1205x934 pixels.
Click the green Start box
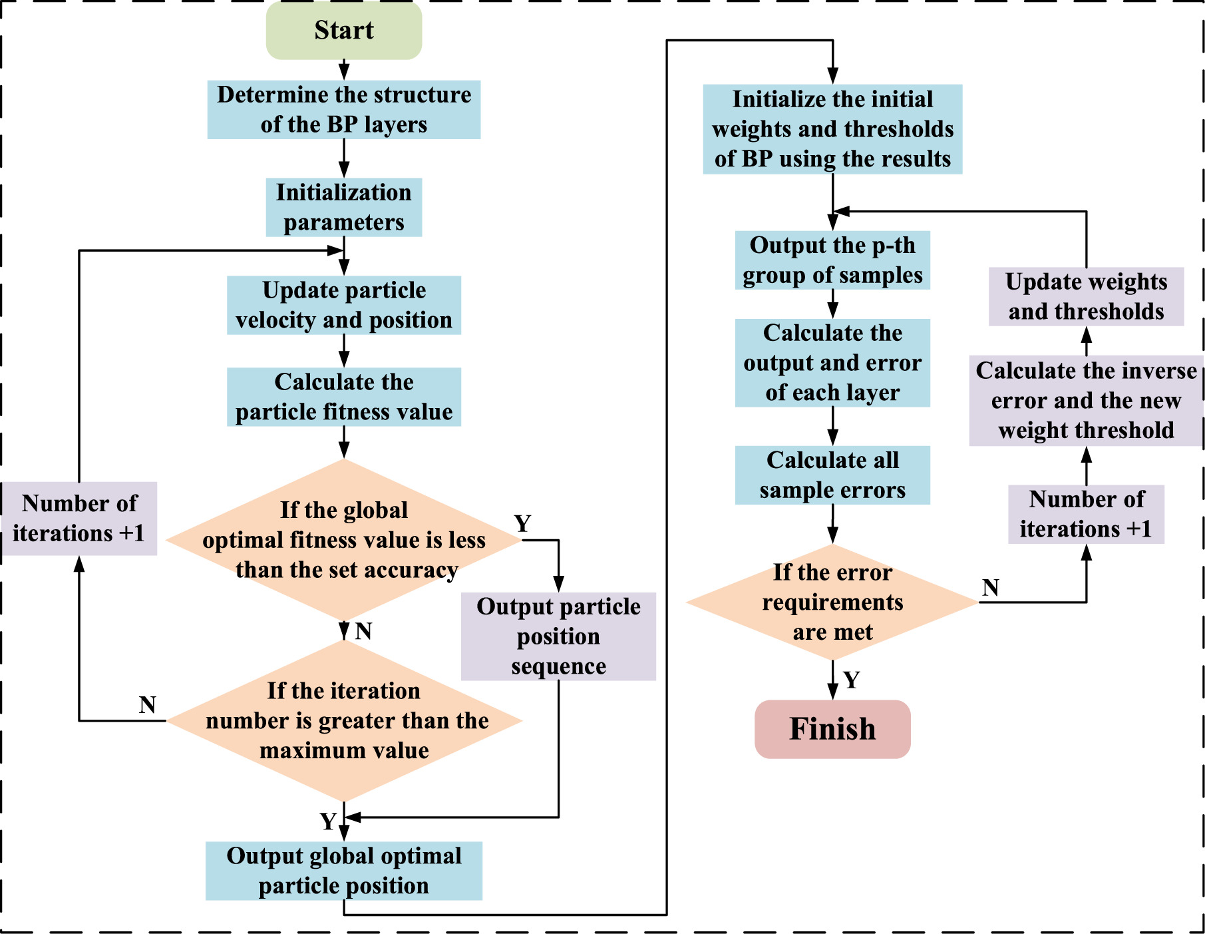point(344,31)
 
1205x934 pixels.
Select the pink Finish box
point(832,729)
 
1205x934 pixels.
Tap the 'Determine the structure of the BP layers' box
point(344,110)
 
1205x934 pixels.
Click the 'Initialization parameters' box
point(344,207)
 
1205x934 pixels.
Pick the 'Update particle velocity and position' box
point(344,305)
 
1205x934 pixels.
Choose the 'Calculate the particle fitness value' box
point(344,397)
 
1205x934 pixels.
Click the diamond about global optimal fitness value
point(344,540)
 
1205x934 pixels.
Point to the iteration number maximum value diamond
point(344,721)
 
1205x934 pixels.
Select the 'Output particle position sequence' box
point(558,636)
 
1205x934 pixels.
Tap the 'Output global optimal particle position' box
point(344,871)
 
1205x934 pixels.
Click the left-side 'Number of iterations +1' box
point(79,519)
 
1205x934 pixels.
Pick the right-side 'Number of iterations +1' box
point(1086,514)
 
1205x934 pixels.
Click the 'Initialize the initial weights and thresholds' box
point(832,129)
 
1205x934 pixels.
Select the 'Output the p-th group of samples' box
point(832,260)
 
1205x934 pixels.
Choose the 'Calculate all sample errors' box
point(832,475)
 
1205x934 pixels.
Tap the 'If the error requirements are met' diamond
point(832,602)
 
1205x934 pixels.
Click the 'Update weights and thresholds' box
point(1086,296)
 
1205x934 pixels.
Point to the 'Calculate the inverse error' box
point(1086,401)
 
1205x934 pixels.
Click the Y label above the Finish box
point(852,680)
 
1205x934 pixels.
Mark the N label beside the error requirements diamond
point(990,588)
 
